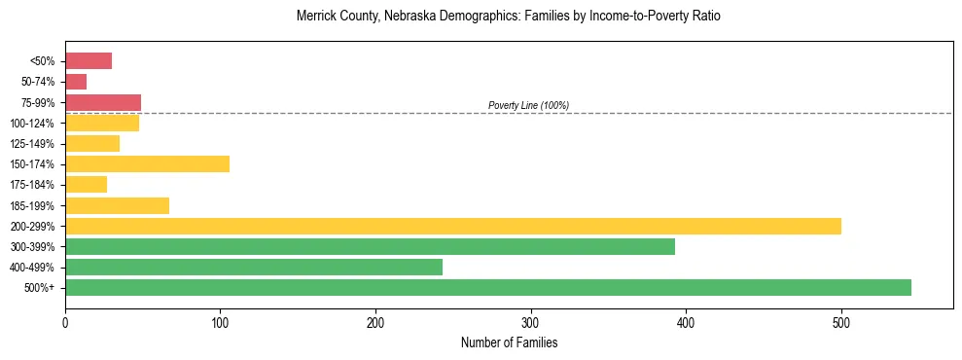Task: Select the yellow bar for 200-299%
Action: (453, 226)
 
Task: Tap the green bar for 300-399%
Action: (370, 246)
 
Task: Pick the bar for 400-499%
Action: (254, 267)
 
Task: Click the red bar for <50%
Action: (89, 61)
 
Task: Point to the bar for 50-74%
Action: (76, 82)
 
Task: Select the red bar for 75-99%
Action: (103, 102)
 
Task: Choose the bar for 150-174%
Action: (147, 163)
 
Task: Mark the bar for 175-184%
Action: (86, 184)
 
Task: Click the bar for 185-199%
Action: (117, 205)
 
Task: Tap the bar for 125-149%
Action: (92, 143)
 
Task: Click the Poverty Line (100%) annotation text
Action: (528, 105)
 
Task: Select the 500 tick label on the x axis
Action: (841, 323)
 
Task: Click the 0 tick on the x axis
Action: (65, 323)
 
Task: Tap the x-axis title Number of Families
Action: (509, 342)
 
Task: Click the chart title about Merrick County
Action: (509, 17)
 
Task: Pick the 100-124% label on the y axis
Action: (32, 123)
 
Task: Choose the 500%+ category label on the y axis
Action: (40, 287)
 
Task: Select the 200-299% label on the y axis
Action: (32, 226)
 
